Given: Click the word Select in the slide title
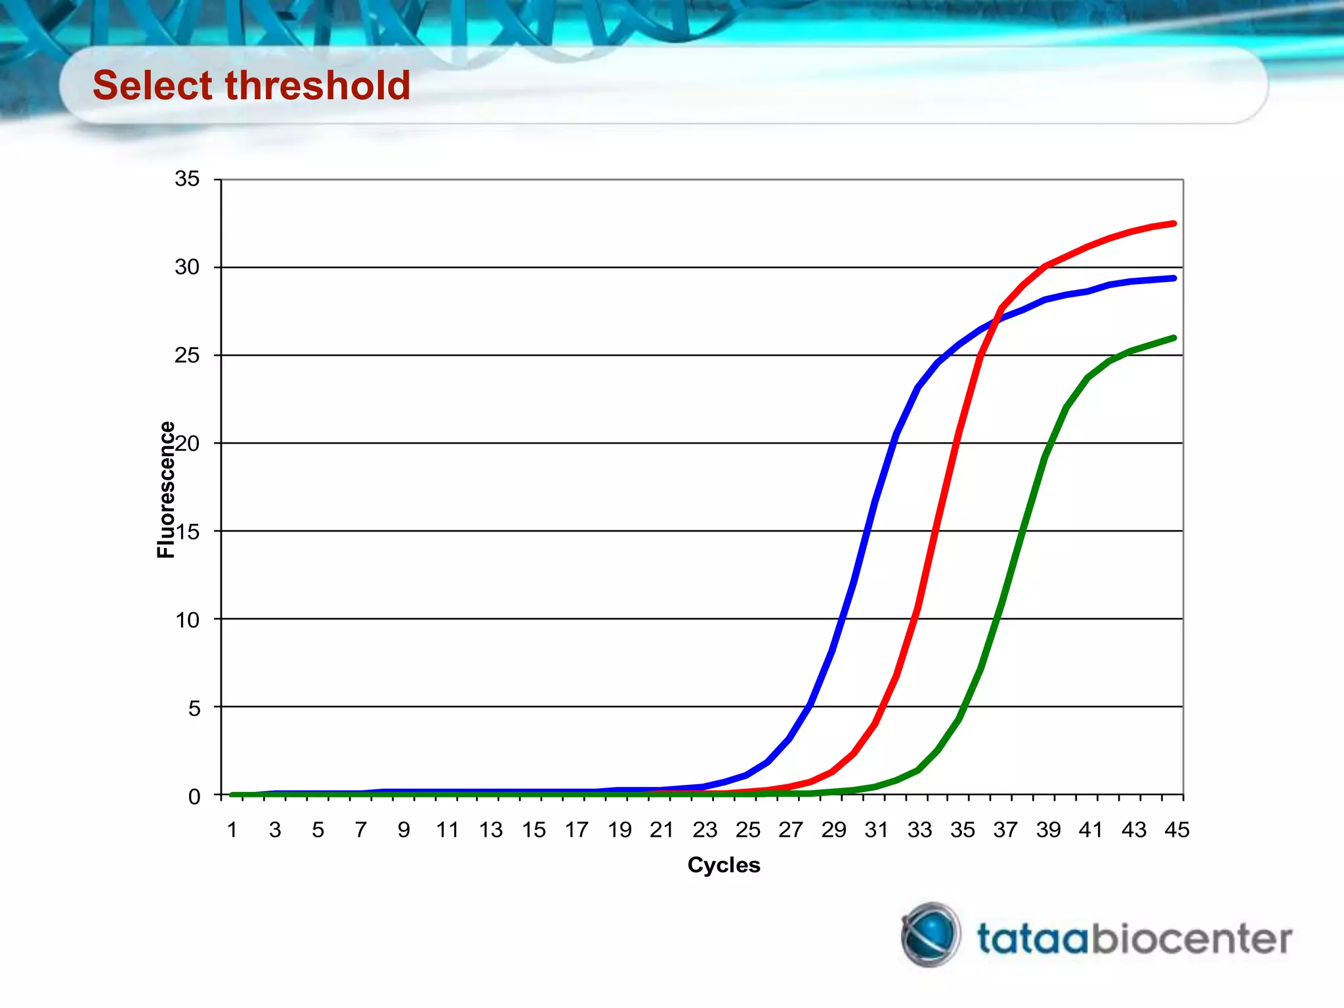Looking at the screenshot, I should coord(152,85).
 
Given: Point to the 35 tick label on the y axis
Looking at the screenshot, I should coord(187,178).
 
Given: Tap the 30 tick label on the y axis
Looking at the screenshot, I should coord(187,267).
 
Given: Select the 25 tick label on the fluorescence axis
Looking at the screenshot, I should coord(187,355).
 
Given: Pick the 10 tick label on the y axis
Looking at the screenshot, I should coord(187,619).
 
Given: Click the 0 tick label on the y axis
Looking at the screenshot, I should coord(194,796).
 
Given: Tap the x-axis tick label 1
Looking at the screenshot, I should coord(232,830).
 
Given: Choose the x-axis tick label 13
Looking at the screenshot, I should coord(490,830).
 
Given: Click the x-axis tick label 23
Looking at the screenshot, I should coord(705,830).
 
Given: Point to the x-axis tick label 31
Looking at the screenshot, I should coord(877,830).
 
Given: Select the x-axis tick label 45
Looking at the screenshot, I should coord(1177,830).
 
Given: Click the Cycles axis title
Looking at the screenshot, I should coord(724,865).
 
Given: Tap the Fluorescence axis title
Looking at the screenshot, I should coord(166,490).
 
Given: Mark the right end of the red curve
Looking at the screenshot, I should coord(1173,224).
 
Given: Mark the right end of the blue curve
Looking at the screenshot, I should coord(1173,278).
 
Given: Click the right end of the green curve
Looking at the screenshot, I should coord(1173,338).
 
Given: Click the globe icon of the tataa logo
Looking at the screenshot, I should coord(931,934).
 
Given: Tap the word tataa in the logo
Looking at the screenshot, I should coord(1033,938).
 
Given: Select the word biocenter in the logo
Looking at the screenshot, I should coord(1191,938).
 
